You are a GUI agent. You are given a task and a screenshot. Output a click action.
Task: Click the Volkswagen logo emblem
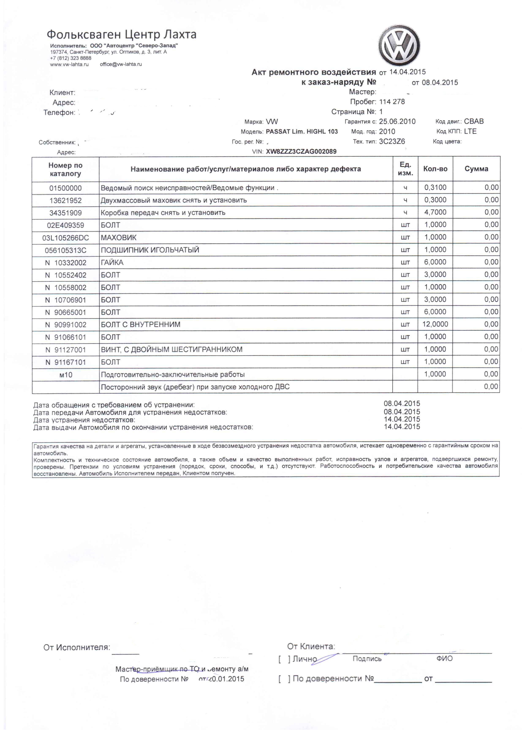click(x=399, y=45)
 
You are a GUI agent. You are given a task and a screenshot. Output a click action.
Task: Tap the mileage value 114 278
click(x=392, y=102)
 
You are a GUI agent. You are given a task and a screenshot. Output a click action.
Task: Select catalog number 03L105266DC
click(x=65, y=238)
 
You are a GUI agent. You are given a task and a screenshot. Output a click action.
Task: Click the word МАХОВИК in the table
click(x=119, y=238)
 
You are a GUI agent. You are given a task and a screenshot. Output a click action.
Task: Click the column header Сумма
click(x=476, y=169)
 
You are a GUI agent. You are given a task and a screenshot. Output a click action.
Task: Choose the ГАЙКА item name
click(x=112, y=263)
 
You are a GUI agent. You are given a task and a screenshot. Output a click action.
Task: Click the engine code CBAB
click(x=474, y=121)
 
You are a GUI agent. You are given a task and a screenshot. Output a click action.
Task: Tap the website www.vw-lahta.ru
click(x=69, y=64)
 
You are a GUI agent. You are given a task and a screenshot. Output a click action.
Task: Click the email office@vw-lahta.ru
click(x=121, y=64)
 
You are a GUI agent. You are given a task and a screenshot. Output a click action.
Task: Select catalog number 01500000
click(x=65, y=188)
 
